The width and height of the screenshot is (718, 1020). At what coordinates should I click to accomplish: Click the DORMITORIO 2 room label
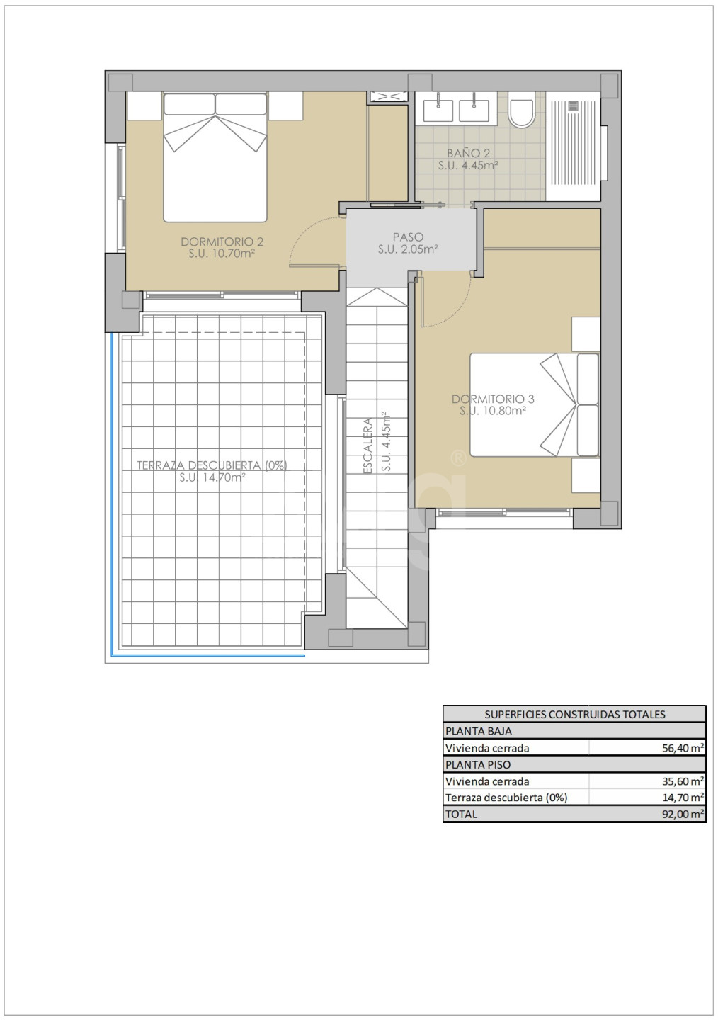click(222, 242)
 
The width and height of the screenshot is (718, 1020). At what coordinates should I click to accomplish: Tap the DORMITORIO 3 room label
click(493, 399)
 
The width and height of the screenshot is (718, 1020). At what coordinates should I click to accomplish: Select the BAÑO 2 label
click(468, 154)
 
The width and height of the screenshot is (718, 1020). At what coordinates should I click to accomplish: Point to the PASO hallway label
click(408, 237)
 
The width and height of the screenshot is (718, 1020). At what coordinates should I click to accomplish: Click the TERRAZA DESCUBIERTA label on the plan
click(212, 465)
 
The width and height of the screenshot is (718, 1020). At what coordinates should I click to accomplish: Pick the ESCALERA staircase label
click(368, 446)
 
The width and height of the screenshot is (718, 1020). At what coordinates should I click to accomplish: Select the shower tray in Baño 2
click(574, 146)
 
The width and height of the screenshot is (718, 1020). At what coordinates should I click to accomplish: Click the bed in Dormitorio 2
click(215, 157)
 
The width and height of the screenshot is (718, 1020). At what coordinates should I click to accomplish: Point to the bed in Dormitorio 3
click(535, 405)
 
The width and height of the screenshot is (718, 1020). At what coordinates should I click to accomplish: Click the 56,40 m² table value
click(683, 748)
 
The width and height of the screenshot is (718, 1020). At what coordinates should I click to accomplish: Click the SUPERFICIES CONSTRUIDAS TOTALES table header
click(574, 714)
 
